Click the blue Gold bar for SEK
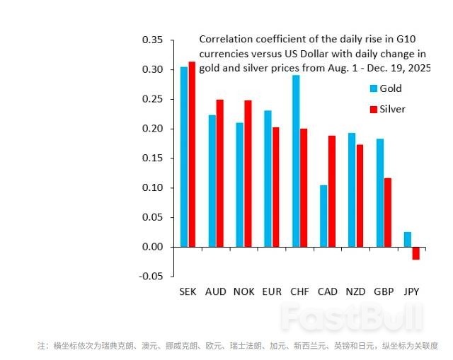coord(184,157)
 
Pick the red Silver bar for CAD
coord(331,191)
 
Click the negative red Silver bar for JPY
coord(415,253)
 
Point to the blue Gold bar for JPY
coord(407,239)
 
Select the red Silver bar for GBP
coord(387,212)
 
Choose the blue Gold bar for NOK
coord(240,185)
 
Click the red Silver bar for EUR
coord(275,187)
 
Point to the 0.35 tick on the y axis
coord(152,40)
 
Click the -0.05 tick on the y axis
coord(151,277)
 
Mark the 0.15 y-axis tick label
coord(152,158)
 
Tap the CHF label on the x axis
coord(299,291)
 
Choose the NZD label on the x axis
coord(355,291)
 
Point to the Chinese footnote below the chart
coord(237,346)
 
